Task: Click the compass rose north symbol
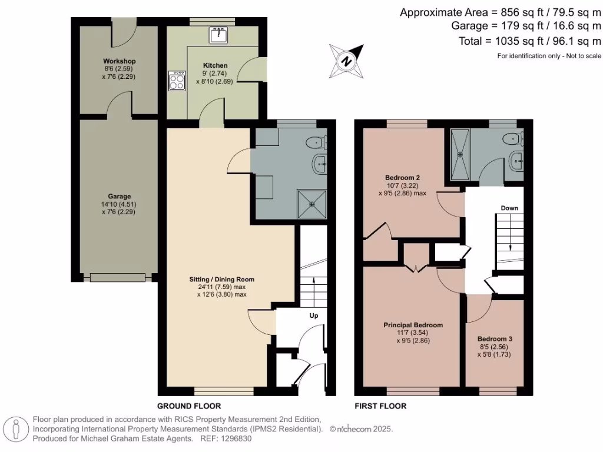pos(347,60)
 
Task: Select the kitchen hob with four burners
pos(177,81)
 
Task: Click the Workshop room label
pos(119,61)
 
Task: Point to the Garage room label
pos(119,197)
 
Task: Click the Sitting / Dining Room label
pos(221,279)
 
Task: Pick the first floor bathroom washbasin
pos(516,161)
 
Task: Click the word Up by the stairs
pos(314,315)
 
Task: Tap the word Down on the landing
pos(509,208)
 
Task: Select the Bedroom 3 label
pos(495,339)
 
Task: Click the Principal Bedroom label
pos(413,325)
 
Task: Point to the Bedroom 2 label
pos(402,177)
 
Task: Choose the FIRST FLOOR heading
pos(380,406)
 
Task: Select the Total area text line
pos(529,41)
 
